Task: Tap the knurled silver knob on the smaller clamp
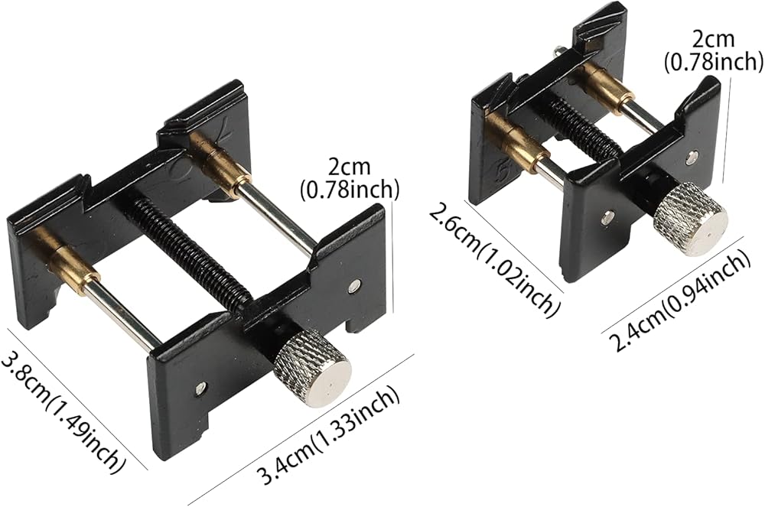click(690, 218)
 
